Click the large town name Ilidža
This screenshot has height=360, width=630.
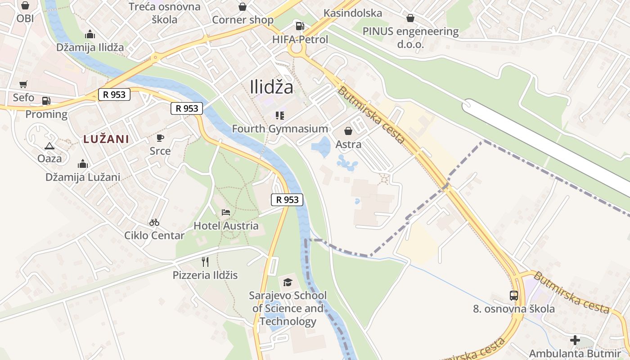pos(271,87)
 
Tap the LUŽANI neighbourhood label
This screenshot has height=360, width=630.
pos(106,139)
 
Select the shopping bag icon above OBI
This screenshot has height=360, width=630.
pos(25,6)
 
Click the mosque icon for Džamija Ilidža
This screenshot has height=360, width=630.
pos(90,35)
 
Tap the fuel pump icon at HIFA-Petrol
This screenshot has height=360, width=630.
pos(299,26)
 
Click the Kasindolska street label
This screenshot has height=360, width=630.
pos(353,13)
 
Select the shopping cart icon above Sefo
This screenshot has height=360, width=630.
pos(23,84)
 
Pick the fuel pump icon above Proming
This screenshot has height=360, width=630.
pos(46,101)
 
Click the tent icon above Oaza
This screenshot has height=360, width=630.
pos(49,145)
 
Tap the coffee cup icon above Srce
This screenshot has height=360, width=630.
pos(160,138)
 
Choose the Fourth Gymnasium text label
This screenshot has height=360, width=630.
pos(280,129)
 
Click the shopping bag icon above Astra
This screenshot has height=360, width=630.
pos(348,131)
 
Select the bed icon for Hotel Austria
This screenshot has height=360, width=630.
pos(226,212)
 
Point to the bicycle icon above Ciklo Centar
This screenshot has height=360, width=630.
pos(154,222)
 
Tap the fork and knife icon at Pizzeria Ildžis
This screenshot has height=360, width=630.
pos(205,261)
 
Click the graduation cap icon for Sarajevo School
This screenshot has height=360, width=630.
pos(288,282)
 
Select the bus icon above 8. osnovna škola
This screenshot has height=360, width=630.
pos(514,296)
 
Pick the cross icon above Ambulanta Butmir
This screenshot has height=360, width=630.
pos(575,340)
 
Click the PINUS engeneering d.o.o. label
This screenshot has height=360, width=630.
pos(410,38)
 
